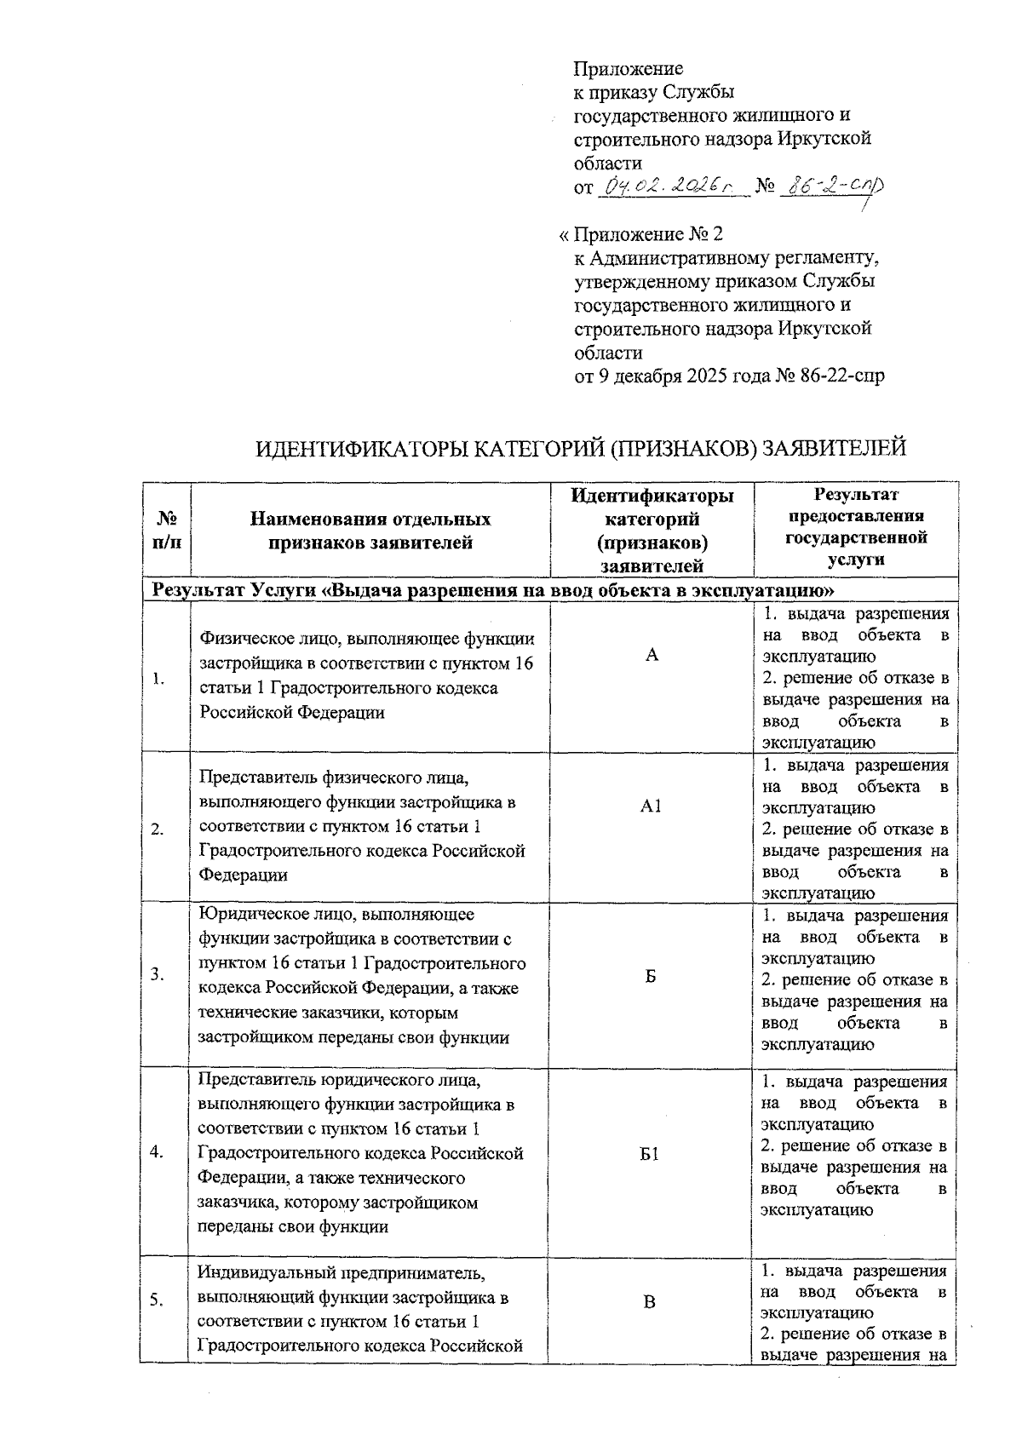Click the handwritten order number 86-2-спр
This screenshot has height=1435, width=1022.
(831, 186)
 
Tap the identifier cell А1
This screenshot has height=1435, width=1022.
(651, 806)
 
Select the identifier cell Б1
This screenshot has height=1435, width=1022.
(650, 1154)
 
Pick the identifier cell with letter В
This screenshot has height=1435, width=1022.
(650, 1301)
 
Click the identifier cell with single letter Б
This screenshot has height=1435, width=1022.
(651, 977)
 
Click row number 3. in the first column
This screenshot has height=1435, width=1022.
(158, 976)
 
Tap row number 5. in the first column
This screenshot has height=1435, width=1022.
(158, 1300)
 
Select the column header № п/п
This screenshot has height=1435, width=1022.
(167, 530)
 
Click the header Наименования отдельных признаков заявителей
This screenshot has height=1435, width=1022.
(370, 531)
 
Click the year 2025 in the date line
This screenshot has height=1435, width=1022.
(707, 376)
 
